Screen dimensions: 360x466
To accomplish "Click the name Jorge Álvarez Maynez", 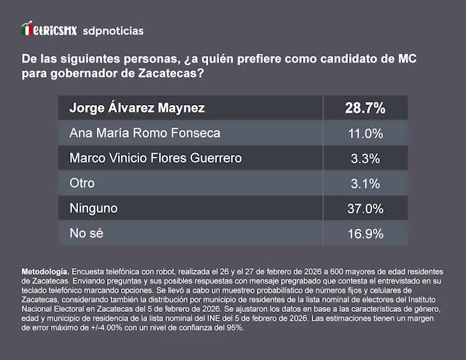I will click(137, 109).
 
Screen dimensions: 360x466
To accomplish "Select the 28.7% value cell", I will click(364, 109).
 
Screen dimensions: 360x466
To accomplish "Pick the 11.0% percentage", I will click(364, 133).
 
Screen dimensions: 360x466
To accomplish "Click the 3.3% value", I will click(364, 158).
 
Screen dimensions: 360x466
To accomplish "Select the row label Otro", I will click(82, 184).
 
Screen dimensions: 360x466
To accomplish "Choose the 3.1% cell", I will click(364, 184).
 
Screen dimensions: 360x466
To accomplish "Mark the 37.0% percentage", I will click(364, 208).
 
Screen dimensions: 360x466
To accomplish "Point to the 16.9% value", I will click(364, 233).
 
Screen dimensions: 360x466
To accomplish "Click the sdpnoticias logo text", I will click(112, 31).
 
